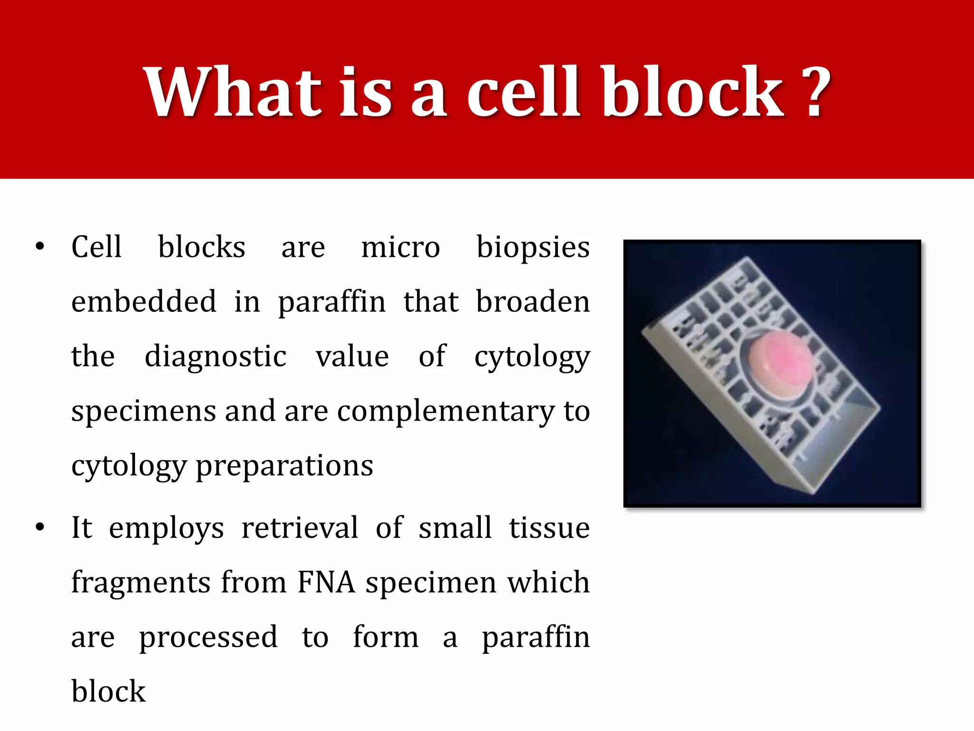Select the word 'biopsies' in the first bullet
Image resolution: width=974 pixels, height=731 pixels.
533,248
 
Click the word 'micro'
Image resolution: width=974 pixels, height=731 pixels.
400,248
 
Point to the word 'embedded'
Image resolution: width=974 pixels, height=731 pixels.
144,302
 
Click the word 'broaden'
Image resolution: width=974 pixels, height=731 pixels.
533,302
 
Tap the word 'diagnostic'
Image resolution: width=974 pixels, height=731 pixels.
215,357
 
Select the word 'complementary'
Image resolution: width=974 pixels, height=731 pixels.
445,411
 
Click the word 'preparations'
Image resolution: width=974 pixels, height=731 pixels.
284,466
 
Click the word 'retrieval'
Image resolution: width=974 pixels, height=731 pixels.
300,528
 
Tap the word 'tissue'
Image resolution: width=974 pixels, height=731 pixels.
549,528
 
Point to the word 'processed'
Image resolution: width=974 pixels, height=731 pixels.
208,637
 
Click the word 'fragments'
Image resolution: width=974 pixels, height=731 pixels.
141,583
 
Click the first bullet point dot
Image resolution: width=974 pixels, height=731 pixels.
40,247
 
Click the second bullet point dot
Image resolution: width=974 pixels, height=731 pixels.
40,527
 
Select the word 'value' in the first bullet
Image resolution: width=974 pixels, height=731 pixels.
352,357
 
